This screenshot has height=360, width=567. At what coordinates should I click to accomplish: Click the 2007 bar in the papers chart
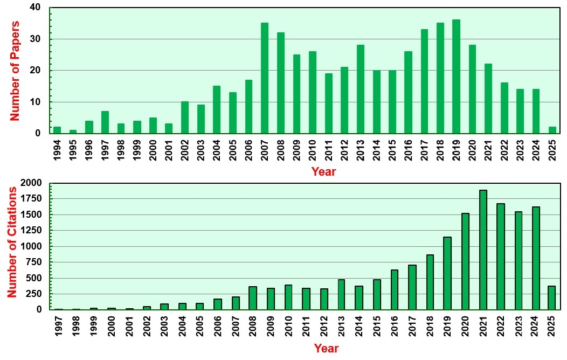click(265, 78)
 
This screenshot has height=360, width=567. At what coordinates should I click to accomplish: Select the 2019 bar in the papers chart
click(457, 77)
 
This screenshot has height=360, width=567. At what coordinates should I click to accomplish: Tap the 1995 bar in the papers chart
click(73, 131)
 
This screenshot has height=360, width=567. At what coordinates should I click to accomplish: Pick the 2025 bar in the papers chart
click(552, 130)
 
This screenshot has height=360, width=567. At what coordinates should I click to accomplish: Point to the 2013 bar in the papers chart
click(361, 89)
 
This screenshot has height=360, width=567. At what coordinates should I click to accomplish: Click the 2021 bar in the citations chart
click(483, 250)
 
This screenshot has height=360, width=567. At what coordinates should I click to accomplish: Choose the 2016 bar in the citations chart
click(395, 289)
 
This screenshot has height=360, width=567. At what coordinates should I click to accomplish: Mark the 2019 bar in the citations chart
click(447, 273)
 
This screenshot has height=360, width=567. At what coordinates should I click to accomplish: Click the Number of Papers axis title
click(14, 71)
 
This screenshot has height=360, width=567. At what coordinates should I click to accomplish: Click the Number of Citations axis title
click(12, 242)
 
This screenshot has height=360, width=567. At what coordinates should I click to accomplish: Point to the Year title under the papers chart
click(323, 171)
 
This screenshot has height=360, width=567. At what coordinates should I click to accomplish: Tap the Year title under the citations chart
click(326, 348)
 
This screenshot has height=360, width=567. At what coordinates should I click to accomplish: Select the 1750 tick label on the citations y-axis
click(31, 198)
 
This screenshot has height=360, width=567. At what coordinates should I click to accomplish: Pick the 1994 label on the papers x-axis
click(57, 150)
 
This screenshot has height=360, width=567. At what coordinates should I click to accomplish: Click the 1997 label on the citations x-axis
click(59, 327)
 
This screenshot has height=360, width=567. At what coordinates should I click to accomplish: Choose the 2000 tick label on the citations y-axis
click(31, 183)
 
